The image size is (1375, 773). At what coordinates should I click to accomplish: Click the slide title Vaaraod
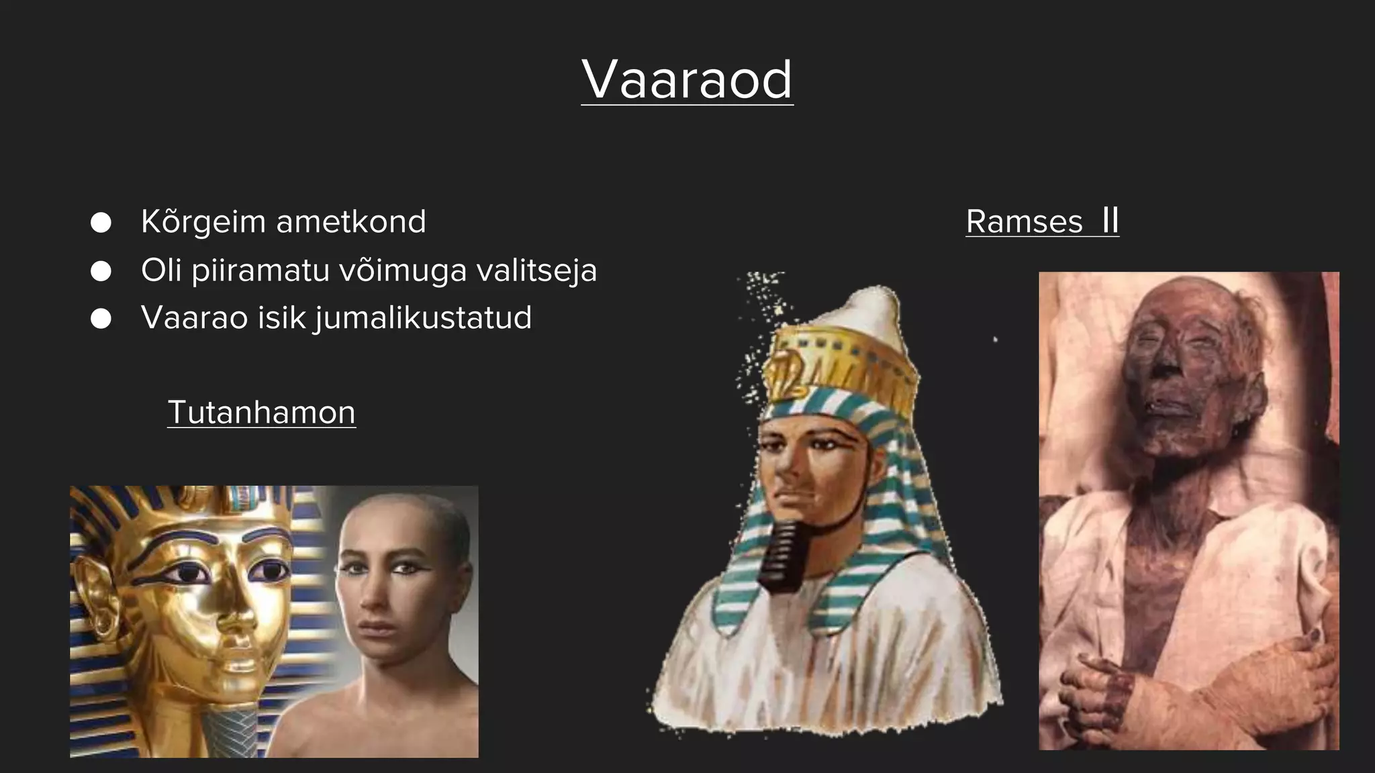[x=687, y=79]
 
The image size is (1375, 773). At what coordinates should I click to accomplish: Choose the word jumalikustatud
[x=424, y=318]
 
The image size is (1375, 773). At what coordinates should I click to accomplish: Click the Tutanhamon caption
[x=261, y=412]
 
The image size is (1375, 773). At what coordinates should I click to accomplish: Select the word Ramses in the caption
[x=1024, y=221]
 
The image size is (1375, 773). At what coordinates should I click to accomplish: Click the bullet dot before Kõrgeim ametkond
[x=101, y=223]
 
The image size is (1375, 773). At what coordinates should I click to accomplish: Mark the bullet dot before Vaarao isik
[x=101, y=319]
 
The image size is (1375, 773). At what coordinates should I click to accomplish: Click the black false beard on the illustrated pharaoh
[x=781, y=557]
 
